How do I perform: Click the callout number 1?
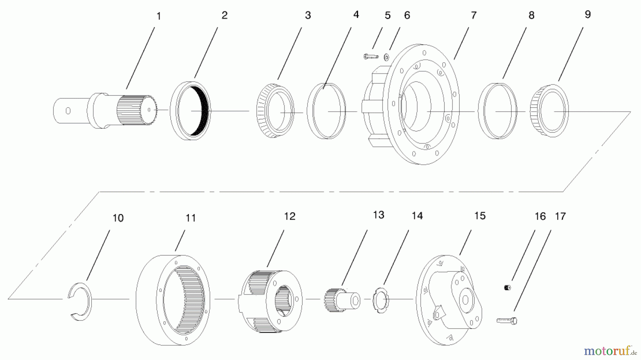159,16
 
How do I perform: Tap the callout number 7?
474,15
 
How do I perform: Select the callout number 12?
290,216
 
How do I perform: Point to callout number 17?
560,216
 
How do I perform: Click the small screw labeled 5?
371,56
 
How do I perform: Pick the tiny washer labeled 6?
387,56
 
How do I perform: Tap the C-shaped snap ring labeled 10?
79,301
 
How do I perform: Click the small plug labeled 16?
507,287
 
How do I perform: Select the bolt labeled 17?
507,321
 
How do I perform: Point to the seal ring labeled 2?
191,111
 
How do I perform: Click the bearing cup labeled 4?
326,111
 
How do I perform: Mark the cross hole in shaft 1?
68,111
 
